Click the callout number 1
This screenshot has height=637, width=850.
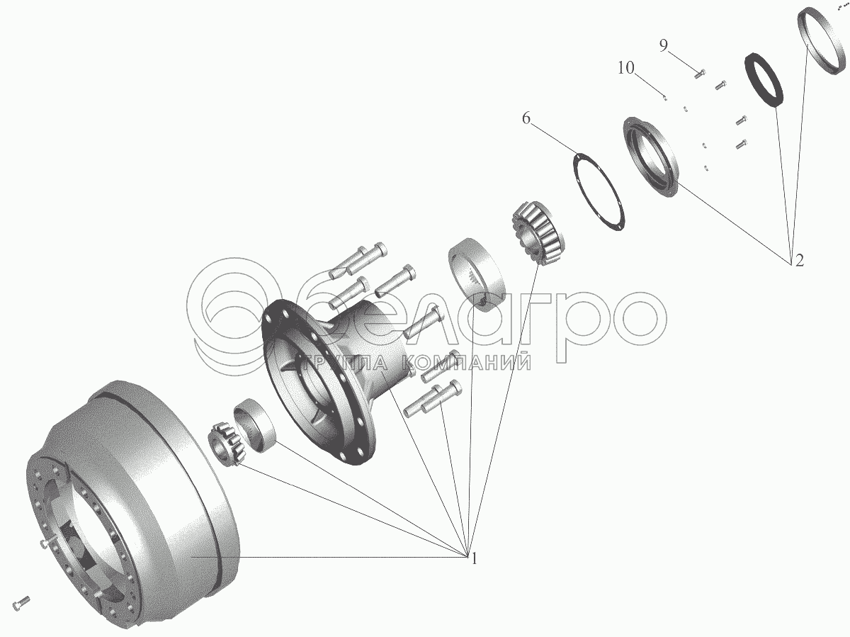pyautogui.click(x=474, y=559)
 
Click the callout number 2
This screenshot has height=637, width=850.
pyautogui.click(x=798, y=260)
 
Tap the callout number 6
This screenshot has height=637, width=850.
pyautogui.click(x=526, y=118)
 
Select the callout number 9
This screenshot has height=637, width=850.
pyautogui.click(x=663, y=46)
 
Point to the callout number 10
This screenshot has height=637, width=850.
pyautogui.click(x=625, y=68)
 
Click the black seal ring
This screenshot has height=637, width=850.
pyautogui.click(x=765, y=79)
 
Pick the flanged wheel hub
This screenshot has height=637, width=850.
pyautogui.click(x=333, y=368)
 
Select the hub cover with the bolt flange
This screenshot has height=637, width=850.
pyautogui.click(x=651, y=158)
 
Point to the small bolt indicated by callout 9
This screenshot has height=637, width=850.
pyautogui.click(x=699, y=73)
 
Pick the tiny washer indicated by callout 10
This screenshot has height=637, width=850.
pyautogui.click(x=665, y=98)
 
